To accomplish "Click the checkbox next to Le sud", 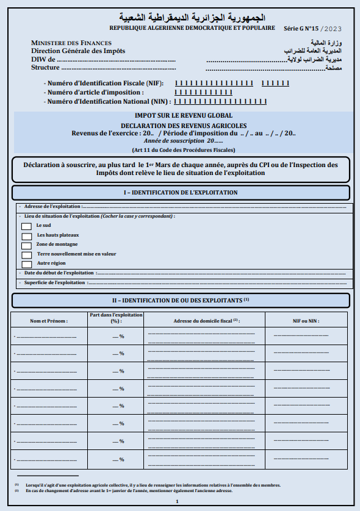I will coord(26,226).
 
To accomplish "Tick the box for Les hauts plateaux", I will coord(26,236).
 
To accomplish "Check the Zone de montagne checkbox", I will coord(26,245).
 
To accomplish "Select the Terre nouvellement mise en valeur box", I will coord(26,255).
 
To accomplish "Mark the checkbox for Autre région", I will coord(26,264).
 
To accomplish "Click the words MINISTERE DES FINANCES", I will coord(71,43).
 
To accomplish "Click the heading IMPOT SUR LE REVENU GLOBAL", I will coord(183,115).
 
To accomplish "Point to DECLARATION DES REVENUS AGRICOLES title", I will coord(183,125).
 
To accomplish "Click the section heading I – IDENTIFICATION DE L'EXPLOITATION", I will coord(181,193).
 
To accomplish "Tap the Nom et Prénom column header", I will coord(49,320).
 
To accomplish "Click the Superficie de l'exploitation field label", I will coord(54,282).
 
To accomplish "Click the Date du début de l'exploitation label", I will coord(59,273).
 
